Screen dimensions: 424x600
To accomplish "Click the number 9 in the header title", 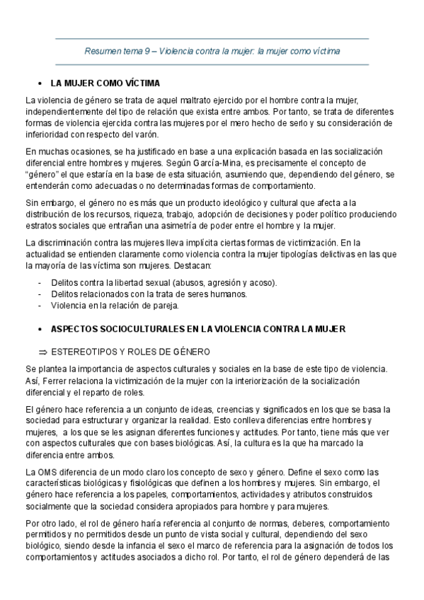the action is (x=146, y=52).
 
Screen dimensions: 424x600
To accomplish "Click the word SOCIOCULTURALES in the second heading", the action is (x=132, y=330).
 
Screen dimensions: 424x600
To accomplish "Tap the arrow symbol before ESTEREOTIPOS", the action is (x=42, y=350).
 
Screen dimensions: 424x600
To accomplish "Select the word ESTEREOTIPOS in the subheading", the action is (x=88, y=350).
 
